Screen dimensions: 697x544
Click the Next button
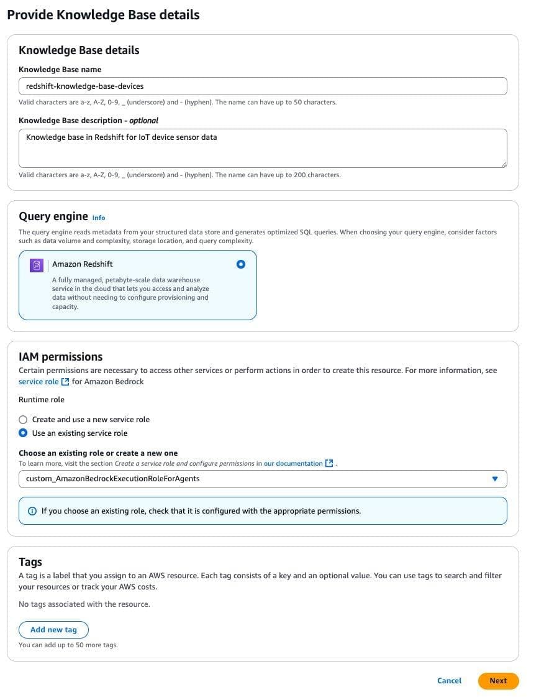click(x=498, y=680)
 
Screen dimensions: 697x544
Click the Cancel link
click(x=449, y=680)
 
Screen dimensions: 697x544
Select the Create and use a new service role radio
click(x=23, y=420)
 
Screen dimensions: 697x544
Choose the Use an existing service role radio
click(x=23, y=433)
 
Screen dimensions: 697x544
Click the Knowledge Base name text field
click(x=263, y=86)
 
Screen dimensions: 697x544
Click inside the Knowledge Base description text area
click(x=263, y=147)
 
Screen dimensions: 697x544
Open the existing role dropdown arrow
click(x=495, y=479)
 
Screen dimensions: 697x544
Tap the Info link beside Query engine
click(x=99, y=218)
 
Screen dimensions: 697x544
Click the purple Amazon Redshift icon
click(x=37, y=265)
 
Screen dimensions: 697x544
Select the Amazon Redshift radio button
click(x=241, y=264)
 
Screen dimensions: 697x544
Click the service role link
click(x=39, y=381)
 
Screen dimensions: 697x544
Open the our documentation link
click(x=293, y=463)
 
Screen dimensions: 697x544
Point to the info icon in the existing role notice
click(x=32, y=511)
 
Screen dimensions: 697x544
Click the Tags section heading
click(x=30, y=561)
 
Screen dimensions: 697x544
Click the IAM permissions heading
click(x=60, y=356)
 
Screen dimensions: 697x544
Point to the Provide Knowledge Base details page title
click(x=103, y=14)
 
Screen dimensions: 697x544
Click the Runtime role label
click(x=41, y=399)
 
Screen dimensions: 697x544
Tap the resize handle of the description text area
click(x=504, y=164)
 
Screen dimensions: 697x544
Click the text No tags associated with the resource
click(x=84, y=604)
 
